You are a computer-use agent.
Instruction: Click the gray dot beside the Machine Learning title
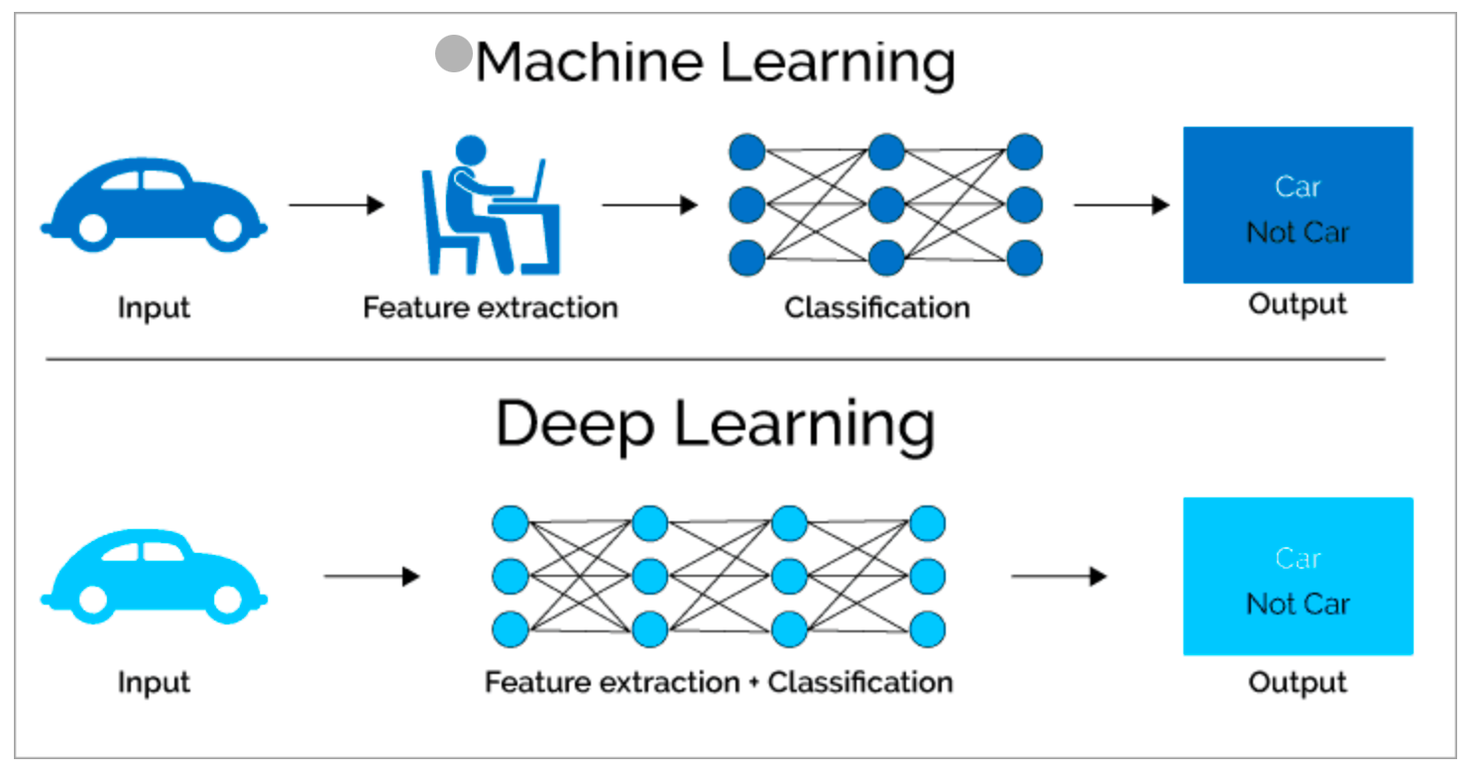point(454,54)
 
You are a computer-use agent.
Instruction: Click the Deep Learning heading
point(716,425)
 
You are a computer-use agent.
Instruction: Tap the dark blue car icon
point(154,204)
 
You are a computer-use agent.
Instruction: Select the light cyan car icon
point(154,576)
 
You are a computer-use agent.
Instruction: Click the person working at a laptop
point(491,205)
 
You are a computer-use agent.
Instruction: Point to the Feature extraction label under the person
point(491,307)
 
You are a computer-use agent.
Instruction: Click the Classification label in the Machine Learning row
point(877,307)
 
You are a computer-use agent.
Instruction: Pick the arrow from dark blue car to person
point(337,205)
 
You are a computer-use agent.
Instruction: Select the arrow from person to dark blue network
point(649,205)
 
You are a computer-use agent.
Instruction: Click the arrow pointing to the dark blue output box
point(1122,205)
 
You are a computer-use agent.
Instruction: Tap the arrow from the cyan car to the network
point(372,577)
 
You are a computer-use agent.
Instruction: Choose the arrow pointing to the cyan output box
point(1060,577)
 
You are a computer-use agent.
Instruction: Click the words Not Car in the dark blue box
point(1299,232)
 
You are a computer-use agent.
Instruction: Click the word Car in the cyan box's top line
point(1299,558)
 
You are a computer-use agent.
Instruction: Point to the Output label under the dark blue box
point(1298,304)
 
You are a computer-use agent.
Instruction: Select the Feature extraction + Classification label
point(719,682)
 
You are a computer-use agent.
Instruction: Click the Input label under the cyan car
point(154,683)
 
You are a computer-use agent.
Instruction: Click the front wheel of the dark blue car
point(228,229)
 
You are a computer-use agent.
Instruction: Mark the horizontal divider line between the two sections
point(716,360)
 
